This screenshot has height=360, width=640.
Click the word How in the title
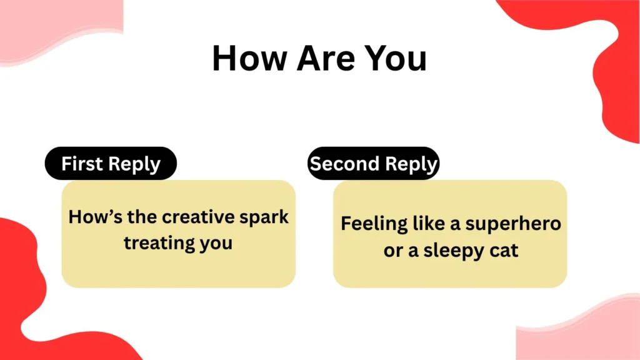(x=249, y=58)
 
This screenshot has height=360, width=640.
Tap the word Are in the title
(x=324, y=58)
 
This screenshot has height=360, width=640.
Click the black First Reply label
(x=111, y=163)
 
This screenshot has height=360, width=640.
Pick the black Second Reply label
(x=374, y=163)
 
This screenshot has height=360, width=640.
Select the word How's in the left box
(x=95, y=217)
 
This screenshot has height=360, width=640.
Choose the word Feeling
(x=374, y=224)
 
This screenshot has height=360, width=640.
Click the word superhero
(x=513, y=224)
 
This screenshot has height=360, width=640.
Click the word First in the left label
(x=82, y=163)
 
